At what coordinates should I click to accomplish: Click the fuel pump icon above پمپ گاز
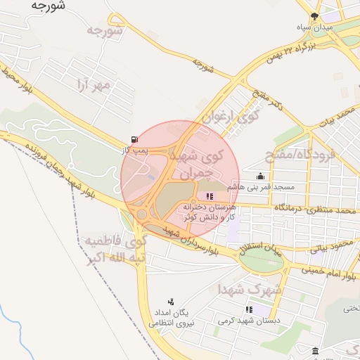pyautogui.click(x=134, y=139)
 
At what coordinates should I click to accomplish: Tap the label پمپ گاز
pyautogui.click(x=132, y=150)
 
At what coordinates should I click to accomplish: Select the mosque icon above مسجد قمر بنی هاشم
pyautogui.click(x=261, y=176)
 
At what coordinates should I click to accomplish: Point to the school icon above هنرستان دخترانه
pyautogui.click(x=210, y=196)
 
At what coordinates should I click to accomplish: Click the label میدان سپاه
pyautogui.click(x=313, y=27)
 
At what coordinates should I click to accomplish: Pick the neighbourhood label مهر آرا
pyautogui.click(x=95, y=86)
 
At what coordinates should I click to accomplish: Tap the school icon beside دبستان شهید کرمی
pyautogui.click(x=249, y=309)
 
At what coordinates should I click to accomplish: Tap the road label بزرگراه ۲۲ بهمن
pyautogui.click(x=292, y=52)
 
